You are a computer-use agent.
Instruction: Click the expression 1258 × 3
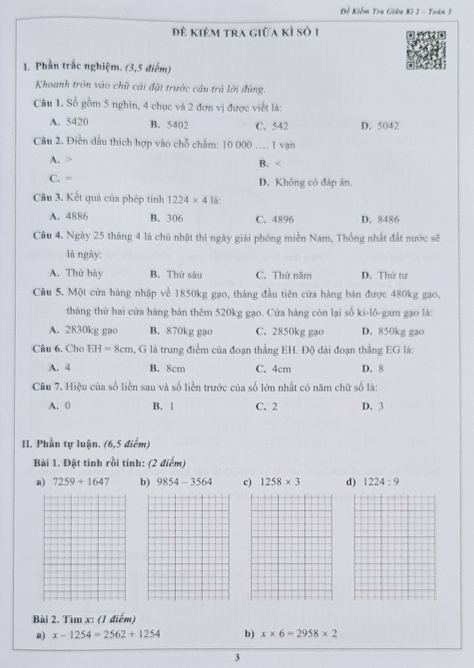[x=280, y=482]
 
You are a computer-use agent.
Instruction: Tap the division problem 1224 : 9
[x=381, y=482]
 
